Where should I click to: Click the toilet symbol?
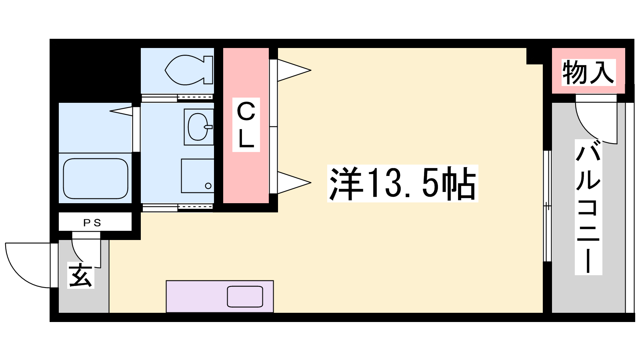[x=189, y=70]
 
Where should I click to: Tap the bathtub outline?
[x=96, y=178]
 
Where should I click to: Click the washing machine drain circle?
[x=208, y=186]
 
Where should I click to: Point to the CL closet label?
[x=246, y=125]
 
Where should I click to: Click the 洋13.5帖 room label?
[x=402, y=184]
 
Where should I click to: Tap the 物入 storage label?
[x=588, y=72]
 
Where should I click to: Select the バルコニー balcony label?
[x=588, y=207]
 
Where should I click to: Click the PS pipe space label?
[x=92, y=223]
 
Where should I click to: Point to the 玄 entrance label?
[x=81, y=275]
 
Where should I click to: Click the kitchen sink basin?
[x=245, y=296]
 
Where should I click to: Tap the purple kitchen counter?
[x=220, y=296]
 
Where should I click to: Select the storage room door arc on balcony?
[x=588, y=130]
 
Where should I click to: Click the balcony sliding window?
[x=547, y=206]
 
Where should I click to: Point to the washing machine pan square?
[x=198, y=176]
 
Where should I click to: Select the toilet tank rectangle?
[x=208, y=70]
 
